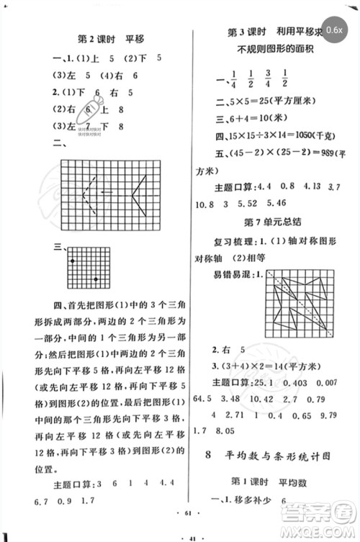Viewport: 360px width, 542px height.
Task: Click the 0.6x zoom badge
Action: coord(334,30)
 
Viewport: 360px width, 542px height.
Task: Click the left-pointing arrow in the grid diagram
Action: coord(107,191)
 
